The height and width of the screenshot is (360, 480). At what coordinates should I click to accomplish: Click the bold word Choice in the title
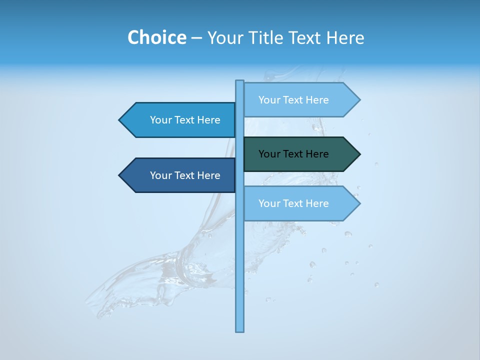[x=156, y=37]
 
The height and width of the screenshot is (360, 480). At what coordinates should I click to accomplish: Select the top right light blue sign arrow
[x=300, y=100]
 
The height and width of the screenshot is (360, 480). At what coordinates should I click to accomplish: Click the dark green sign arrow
[x=300, y=154]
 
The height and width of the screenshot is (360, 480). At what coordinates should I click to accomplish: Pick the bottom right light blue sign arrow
[x=300, y=203]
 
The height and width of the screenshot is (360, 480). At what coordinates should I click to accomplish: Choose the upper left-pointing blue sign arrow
[x=180, y=120]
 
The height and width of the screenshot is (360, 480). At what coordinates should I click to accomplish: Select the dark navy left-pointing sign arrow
[x=180, y=175]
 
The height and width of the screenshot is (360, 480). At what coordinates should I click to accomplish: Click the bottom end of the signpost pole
[x=239, y=329]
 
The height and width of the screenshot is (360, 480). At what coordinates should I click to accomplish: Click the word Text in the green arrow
[x=293, y=154]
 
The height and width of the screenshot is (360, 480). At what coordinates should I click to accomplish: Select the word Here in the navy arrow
[x=208, y=175]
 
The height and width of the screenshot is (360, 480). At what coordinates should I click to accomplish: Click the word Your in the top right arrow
[x=269, y=100]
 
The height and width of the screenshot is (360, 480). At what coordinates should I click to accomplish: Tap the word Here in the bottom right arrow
[x=317, y=203]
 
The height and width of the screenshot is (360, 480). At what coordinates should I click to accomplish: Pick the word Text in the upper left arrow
[x=185, y=120]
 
